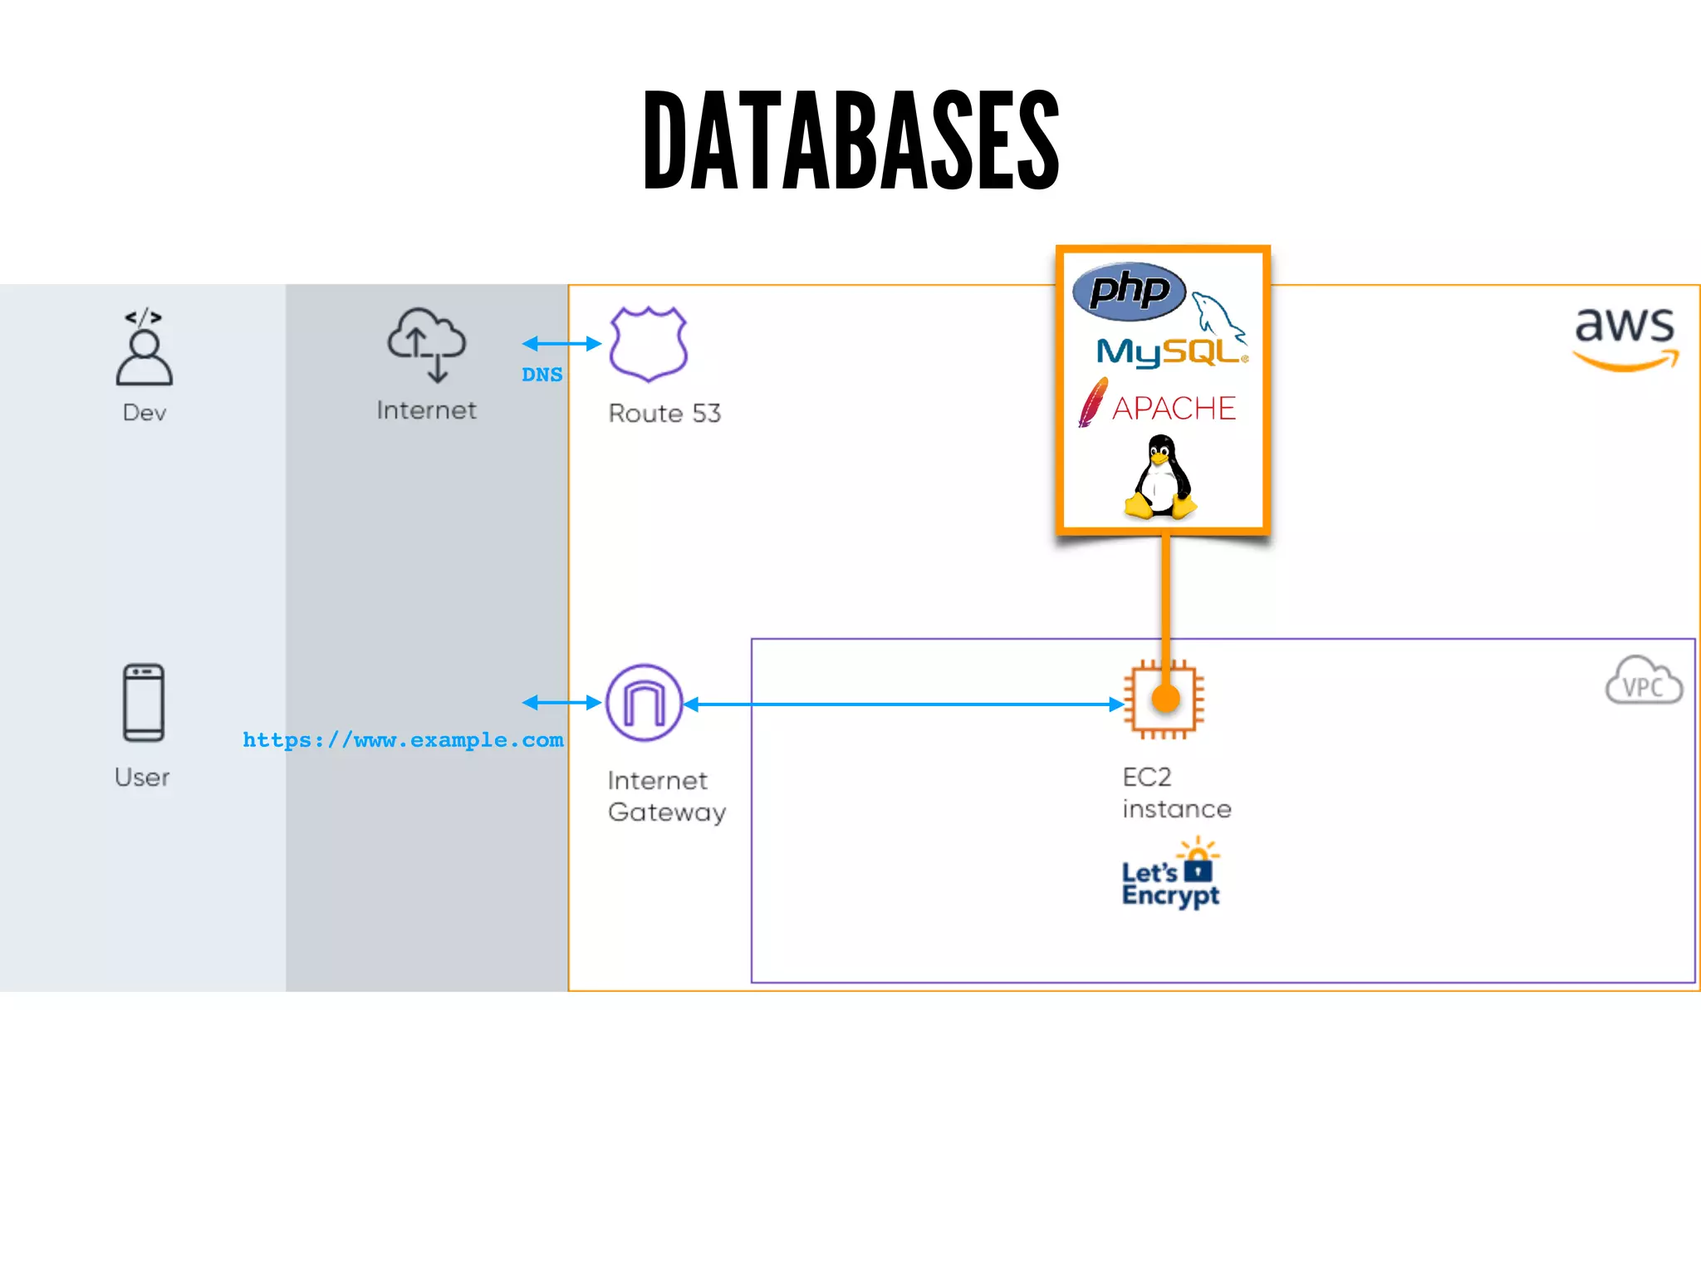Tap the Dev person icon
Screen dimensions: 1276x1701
(x=145, y=349)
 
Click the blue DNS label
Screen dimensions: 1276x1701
(x=542, y=375)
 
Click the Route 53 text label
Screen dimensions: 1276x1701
(x=664, y=413)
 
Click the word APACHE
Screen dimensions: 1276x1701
(x=1173, y=408)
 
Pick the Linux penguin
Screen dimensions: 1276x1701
(x=1160, y=478)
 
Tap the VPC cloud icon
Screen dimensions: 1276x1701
(x=1644, y=681)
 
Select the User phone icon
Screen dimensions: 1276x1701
(x=144, y=702)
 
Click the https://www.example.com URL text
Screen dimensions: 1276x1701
(x=403, y=739)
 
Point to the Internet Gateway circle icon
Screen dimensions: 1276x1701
(x=645, y=703)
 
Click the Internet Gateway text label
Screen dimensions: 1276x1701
(x=666, y=796)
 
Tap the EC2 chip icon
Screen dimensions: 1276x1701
(x=1164, y=699)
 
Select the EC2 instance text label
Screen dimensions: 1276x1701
(x=1176, y=793)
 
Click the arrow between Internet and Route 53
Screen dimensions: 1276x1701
(x=561, y=343)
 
